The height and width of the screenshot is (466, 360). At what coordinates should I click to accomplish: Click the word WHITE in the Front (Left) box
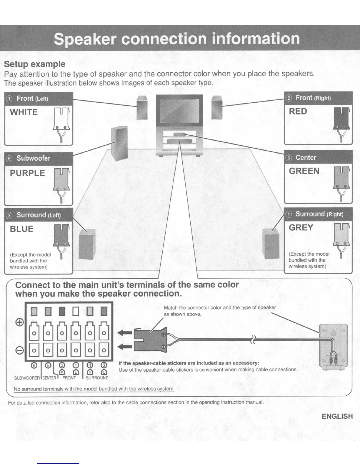[x=24, y=112]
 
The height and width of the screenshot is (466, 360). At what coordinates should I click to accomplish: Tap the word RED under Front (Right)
[x=298, y=111]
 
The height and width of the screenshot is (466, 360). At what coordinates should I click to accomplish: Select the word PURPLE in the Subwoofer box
[x=27, y=173]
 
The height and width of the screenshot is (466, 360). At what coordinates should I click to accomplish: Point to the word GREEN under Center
[x=304, y=171]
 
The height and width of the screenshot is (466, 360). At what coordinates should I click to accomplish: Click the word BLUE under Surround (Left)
[x=21, y=229]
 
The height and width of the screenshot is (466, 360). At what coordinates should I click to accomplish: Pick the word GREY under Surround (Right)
[x=301, y=227]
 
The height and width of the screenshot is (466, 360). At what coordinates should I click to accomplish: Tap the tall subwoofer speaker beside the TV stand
[x=119, y=144]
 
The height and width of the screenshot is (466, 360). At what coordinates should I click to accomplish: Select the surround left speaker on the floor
[x=87, y=244]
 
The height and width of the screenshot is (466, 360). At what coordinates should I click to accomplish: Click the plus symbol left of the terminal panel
[x=19, y=322]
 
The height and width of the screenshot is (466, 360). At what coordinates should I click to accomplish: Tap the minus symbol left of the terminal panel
[x=19, y=350]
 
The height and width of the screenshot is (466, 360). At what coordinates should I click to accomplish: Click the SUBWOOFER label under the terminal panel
[x=27, y=378]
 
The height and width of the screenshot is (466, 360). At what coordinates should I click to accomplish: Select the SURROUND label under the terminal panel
[x=97, y=378]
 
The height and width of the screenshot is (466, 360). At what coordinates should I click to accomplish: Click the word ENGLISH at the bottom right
[x=337, y=416]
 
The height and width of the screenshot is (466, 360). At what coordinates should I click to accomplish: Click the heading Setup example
[x=35, y=64]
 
